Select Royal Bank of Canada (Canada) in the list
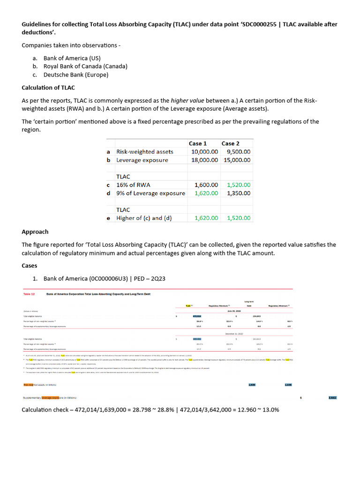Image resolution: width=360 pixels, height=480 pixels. click(x=85, y=66)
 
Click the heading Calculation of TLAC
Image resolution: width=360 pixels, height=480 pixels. click(x=48, y=88)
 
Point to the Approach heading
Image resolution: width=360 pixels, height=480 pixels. click(x=35, y=232)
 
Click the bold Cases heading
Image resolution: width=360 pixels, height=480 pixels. click(x=30, y=265)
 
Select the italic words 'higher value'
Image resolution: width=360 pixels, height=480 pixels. click(x=187, y=101)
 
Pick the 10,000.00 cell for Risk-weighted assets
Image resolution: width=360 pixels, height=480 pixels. click(x=204, y=151)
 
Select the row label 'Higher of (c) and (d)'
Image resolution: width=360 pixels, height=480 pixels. click(x=146, y=218)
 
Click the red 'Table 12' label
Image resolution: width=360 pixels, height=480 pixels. click(x=30, y=294)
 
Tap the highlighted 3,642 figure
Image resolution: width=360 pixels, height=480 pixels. click(x=332, y=397)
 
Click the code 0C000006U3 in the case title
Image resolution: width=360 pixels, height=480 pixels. click(x=106, y=279)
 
